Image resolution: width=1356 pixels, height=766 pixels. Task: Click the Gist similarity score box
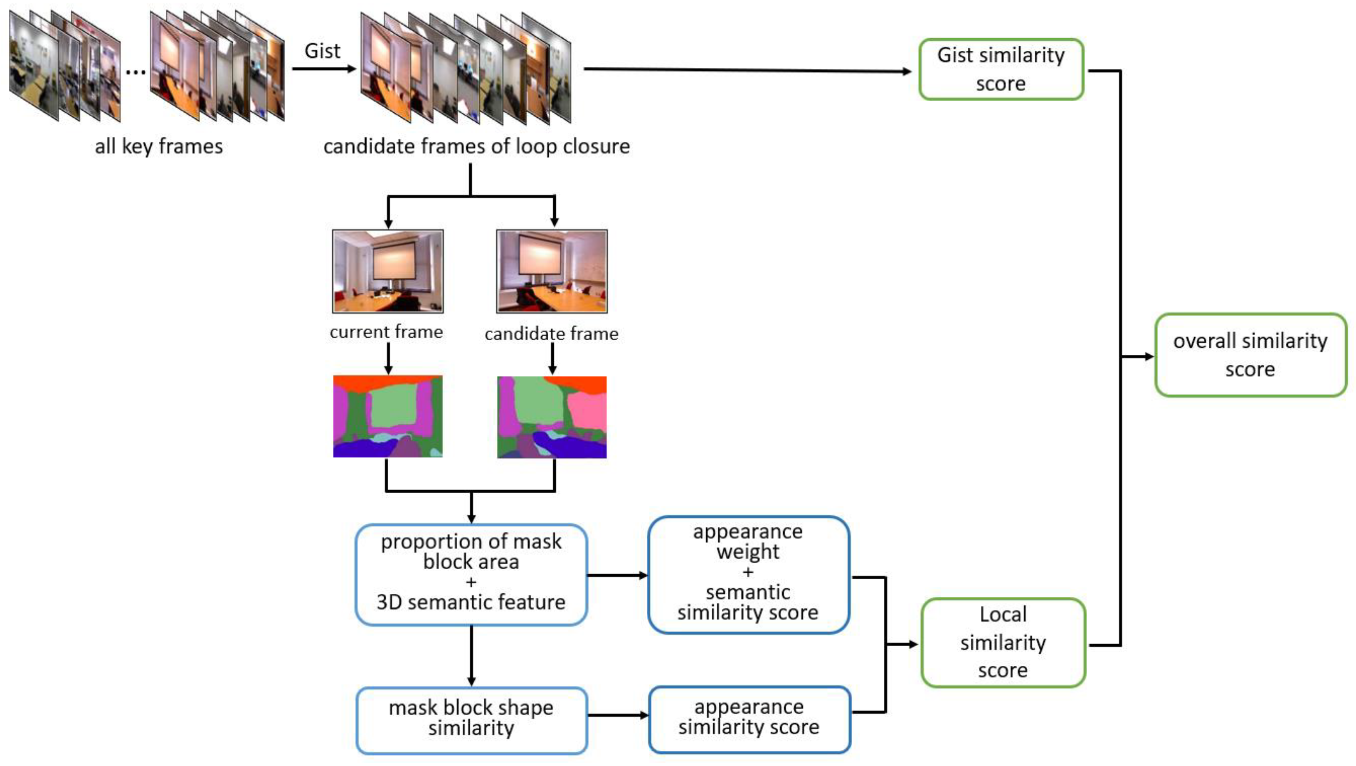coord(1001,69)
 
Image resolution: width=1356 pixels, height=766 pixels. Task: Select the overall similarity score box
coord(1250,355)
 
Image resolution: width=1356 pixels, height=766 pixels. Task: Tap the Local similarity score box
coord(1003,642)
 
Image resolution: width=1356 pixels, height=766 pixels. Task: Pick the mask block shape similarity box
coord(471,719)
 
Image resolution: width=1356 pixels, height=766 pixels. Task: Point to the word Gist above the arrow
coord(322,51)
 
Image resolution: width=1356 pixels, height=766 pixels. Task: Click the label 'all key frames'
coord(158,146)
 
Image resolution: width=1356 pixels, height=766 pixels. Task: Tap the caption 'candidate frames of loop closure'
coord(476,146)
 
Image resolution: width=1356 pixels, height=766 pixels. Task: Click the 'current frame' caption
coord(386,332)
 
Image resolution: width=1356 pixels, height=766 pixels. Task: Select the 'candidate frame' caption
coord(551,333)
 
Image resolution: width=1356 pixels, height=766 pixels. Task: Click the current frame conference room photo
coord(388,271)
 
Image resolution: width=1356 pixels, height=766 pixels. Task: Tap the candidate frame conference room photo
coord(552,271)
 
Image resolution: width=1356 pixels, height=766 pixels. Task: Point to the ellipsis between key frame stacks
coord(136,71)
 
